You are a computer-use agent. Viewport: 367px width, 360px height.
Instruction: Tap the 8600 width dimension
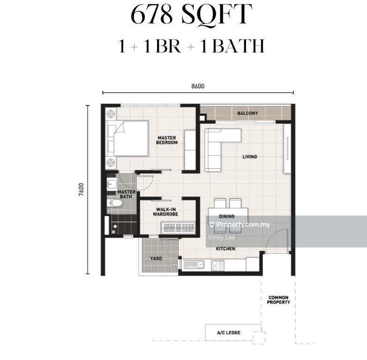click(x=198, y=86)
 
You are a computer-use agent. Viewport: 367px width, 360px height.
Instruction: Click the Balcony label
click(x=247, y=113)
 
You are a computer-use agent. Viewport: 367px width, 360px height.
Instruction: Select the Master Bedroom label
click(x=167, y=140)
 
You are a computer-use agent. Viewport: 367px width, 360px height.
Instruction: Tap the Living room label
click(x=250, y=157)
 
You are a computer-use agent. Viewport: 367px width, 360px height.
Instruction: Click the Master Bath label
click(x=127, y=194)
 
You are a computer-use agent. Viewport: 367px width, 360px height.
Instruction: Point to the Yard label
click(x=156, y=258)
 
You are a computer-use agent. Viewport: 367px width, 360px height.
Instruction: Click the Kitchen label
click(x=225, y=248)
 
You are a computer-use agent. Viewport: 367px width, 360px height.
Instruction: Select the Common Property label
click(x=278, y=300)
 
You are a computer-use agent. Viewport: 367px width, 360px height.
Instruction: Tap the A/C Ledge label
click(x=229, y=333)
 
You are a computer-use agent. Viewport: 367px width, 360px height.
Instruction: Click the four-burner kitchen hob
click(x=218, y=265)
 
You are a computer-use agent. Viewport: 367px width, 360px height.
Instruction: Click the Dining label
click(x=227, y=217)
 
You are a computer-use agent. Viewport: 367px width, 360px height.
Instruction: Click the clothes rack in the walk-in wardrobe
click(x=179, y=228)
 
